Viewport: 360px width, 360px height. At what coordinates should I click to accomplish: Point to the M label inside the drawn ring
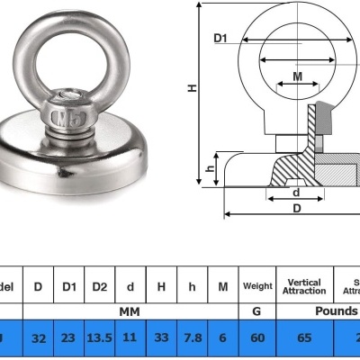297,77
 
